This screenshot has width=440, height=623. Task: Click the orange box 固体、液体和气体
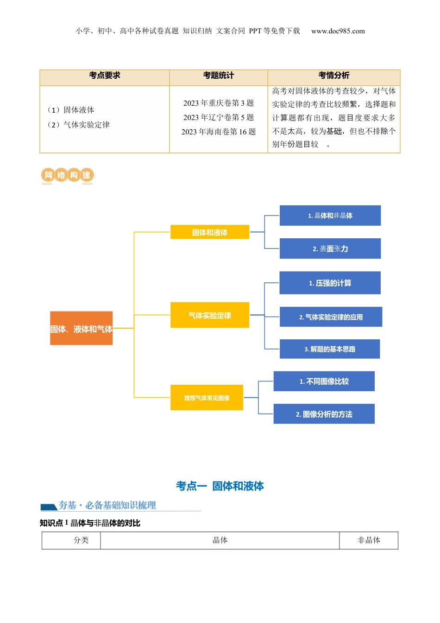point(81,328)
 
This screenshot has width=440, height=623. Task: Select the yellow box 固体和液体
point(210,232)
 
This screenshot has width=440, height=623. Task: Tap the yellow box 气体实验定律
point(210,315)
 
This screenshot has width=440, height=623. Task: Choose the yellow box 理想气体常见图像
point(207,398)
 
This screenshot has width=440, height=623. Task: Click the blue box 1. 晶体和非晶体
point(330,216)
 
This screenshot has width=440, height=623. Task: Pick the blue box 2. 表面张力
point(330,248)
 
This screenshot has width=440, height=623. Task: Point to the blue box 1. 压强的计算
point(330,283)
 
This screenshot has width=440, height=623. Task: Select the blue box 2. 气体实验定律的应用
point(331,317)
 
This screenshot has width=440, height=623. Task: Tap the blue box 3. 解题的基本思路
point(329,349)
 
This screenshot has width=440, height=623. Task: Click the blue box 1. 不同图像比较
point(324,381)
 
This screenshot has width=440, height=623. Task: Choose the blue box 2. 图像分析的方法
point(324,414)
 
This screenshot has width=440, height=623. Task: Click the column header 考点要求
point(105,76)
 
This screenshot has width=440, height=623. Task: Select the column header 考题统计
point(219,76)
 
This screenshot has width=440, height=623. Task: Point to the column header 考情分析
point(333,76)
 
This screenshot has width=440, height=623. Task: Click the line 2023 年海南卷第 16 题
point(219,132)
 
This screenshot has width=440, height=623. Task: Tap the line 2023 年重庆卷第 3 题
point(219,103)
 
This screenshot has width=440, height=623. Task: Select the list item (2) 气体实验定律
point(79,125)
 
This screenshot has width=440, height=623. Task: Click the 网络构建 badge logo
point(67,175)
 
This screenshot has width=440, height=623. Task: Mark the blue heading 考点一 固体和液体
point(220,486)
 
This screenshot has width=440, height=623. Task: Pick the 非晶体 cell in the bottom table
point(369,540)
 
